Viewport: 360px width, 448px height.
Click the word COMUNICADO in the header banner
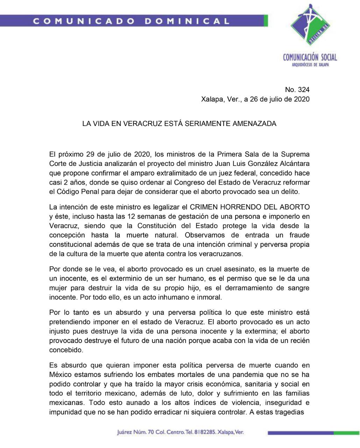[x=84, y=21]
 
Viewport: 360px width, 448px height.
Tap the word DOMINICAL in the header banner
[x=187, y=21]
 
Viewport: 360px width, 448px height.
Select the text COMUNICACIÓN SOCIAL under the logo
[x=310, y=57]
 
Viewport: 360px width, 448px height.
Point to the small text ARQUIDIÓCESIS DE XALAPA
[x=310, y=65]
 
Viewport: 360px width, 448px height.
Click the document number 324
[x=303, y=90]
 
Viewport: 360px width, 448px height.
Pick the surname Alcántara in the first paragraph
[x=293, y=163]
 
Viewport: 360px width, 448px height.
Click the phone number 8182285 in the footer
[x=203, y=432]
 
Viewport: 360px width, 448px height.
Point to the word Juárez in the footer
[x=125, y=432]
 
